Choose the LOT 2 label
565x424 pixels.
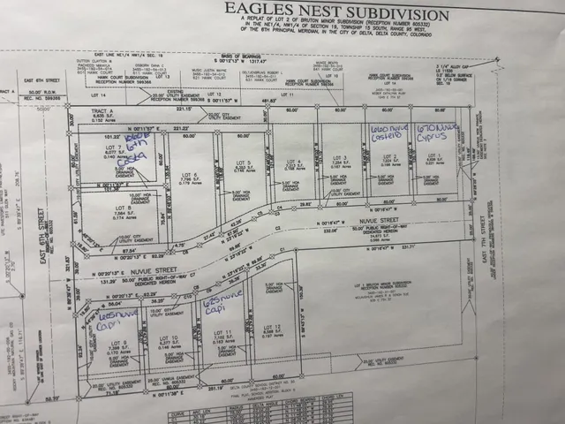[385, 157]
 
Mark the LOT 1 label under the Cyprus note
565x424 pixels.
[433, 155]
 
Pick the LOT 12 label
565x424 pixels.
[274, 328]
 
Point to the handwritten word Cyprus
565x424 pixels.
[441, 137]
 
